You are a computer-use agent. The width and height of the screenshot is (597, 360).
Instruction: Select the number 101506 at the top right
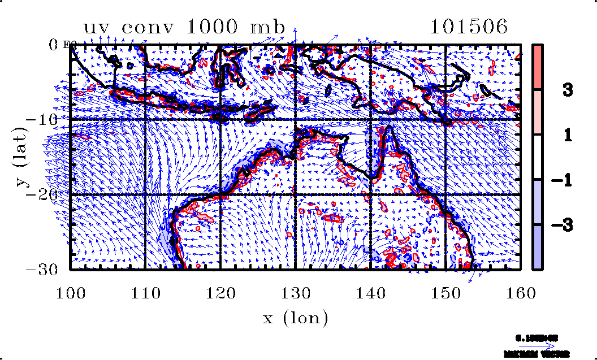(469, 27)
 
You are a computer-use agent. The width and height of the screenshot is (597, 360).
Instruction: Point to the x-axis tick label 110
(145, 293)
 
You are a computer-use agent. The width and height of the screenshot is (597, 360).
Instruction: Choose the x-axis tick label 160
(520, 293)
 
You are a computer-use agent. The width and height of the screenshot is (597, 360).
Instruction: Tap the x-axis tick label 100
(71, 293)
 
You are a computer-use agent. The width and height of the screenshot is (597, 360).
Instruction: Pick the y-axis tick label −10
(52, 119)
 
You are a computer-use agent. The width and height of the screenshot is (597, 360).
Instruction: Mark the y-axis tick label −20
(52, 194)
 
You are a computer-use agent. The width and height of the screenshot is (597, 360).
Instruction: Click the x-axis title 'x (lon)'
(295, 318)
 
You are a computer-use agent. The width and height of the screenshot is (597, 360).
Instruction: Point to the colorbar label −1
(562, 180)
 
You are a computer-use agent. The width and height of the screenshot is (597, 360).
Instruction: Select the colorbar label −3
(562, 225)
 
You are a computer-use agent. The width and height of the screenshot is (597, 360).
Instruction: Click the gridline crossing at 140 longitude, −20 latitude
(370, 194)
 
